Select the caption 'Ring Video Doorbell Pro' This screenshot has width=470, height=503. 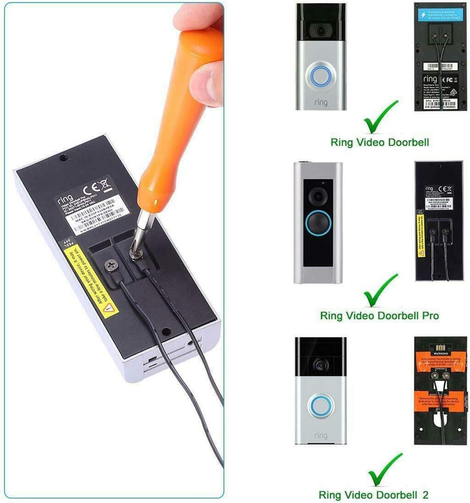coord(379,316)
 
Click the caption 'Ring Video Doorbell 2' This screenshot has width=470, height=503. coord(374,495)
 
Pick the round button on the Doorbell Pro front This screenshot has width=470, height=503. coord(318,223)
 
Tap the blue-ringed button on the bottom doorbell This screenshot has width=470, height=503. coord(321,406)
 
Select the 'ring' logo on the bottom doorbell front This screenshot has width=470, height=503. coord(321,435)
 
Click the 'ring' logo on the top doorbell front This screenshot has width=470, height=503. coord(321,102)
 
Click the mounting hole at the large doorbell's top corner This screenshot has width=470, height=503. coord(63,158)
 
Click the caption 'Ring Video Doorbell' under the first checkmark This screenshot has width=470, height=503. coord(380,142)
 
